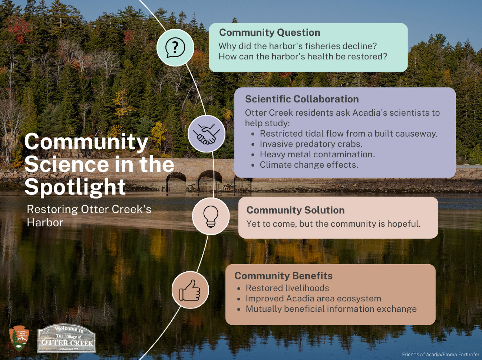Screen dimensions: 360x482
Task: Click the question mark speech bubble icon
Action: (x=175, y=48)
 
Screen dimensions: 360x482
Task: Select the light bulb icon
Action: (x=211, y=216)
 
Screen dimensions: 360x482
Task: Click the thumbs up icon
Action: (x=190, y=290)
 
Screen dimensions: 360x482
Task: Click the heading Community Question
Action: (x=270, y=33)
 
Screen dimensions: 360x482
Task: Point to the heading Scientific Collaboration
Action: (x=302, y=99)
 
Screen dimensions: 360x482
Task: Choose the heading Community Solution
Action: (x=296, y=210)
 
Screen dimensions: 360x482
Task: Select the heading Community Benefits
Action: (x=283, y=276)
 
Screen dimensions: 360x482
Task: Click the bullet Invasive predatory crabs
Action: (x=311, y=144)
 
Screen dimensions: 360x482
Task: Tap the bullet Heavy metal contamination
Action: (x=317, y=154)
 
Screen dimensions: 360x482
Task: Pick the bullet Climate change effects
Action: (x=309, y=165)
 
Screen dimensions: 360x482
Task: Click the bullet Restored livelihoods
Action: (x=287, y=288)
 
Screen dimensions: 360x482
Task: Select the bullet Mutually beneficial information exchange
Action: (x=331, y=309)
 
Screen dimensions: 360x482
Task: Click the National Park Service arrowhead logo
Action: (x=19, y=338)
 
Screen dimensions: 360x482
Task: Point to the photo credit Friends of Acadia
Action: (x=440, y=354)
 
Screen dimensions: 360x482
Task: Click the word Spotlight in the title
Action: (x=75, y=187)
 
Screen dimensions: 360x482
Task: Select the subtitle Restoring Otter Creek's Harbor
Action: (x=89, y=216)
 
